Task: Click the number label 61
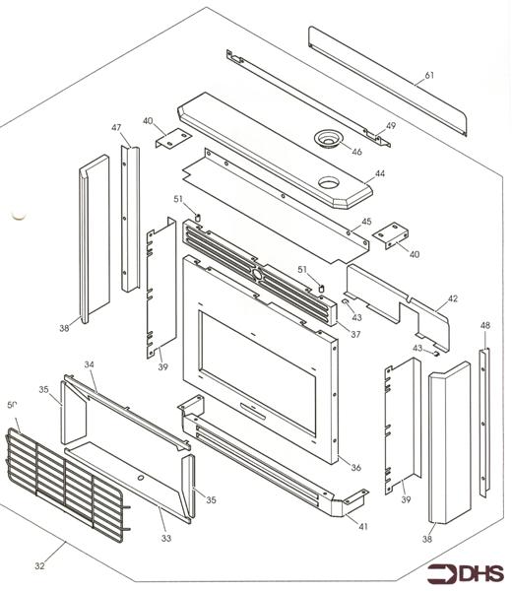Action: [429, 76]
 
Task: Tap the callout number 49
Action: [390, 126]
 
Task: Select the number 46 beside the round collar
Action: [356, 153]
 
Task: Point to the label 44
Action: [380, 173]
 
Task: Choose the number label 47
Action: [115, 129]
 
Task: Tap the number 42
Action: [453, 298]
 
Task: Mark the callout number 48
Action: [484, 325]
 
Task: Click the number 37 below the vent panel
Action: [355, 334]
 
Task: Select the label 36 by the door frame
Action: [355, 467]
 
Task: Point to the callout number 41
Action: [363, 527]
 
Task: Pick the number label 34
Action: [89, 365]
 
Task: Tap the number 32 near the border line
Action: [40, 565]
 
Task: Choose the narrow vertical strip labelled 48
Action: [483, 419]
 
